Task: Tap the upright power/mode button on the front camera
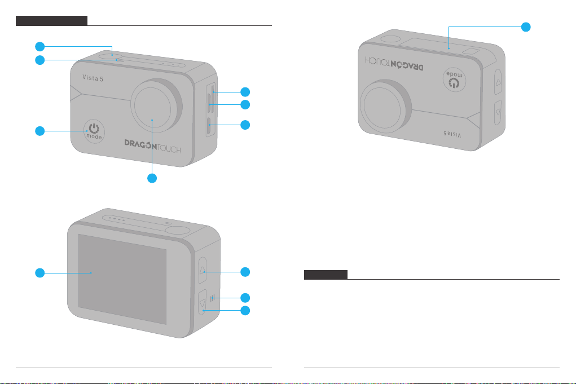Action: (x=95, y=131)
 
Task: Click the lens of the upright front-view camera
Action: (x=153, y=104)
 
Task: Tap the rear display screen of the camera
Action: (x=122, y=279)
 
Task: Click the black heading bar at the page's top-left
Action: (x=51, y=21)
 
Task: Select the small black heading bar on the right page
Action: (x=326, y=275)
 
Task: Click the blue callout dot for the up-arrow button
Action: (x=245, y=272)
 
